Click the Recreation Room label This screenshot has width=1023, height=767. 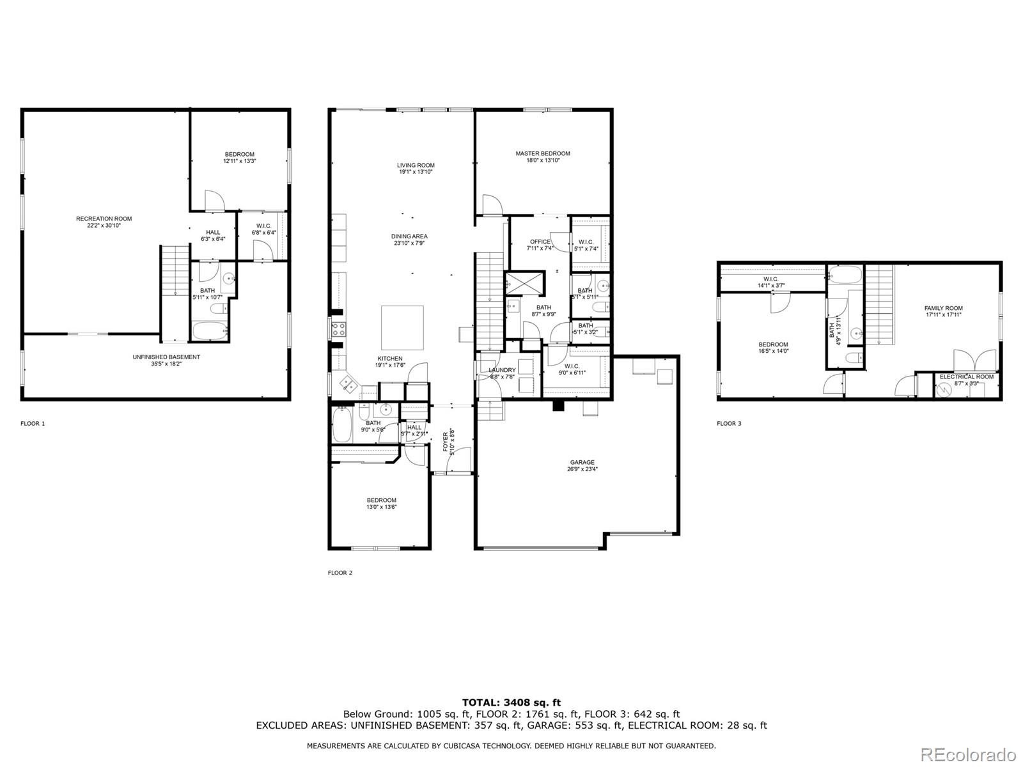pyautogui.click(x=104, y=219)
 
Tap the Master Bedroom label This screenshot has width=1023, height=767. pyautogui.click(x=543, y=153)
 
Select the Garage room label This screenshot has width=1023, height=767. pyautogui.click(x=582, y=462)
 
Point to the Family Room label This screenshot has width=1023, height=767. pyautogui.click(x=943, y=308)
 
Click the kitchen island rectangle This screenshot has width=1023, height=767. pyautogui.click(x=402, y=327)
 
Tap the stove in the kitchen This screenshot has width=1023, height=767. pyautogui.click(x=338, y=330)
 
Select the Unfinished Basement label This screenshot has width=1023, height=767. pyautogui.click(x=166, y=357)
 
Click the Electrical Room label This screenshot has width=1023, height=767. pyautogui.click(x=966, y=377)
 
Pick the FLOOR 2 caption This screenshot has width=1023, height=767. pyautogui.click(x=340, y=573)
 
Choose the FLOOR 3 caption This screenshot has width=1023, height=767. pyautogui.click(x=729, y=423)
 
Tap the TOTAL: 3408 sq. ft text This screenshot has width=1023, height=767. pyautogui.click(x=511, y=703)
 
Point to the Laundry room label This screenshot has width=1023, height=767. pyautogui.click(x=502, y=370)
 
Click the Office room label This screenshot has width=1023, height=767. pyautogui.click(x=540, y=242)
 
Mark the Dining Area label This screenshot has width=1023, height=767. pyautogui.click(x=409, y=236)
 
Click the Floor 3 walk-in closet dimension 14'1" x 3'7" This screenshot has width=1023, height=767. pyautogui.click(x=770, y=286)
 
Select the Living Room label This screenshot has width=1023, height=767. pyautogui.click(x=416, y=166)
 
